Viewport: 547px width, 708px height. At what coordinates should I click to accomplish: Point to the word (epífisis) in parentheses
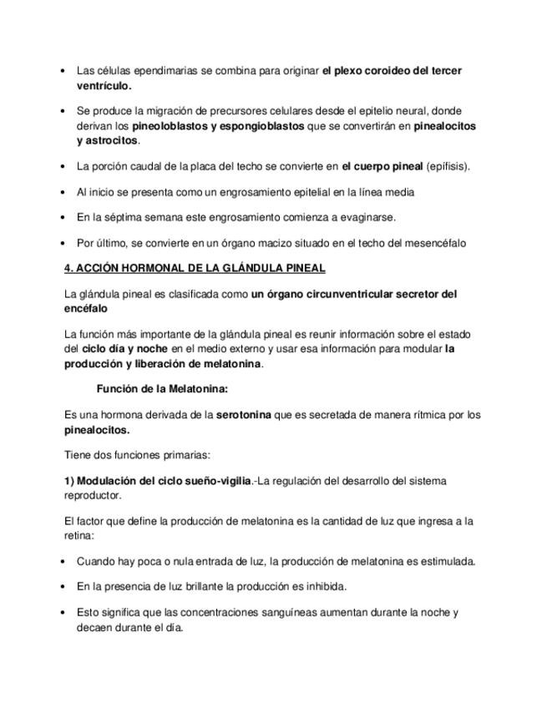[448, 166]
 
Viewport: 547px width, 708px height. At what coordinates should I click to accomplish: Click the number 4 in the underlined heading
[68, 268]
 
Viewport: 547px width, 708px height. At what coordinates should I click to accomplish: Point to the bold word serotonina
[243, 414]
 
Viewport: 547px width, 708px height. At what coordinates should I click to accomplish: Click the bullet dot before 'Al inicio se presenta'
[65, 192]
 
